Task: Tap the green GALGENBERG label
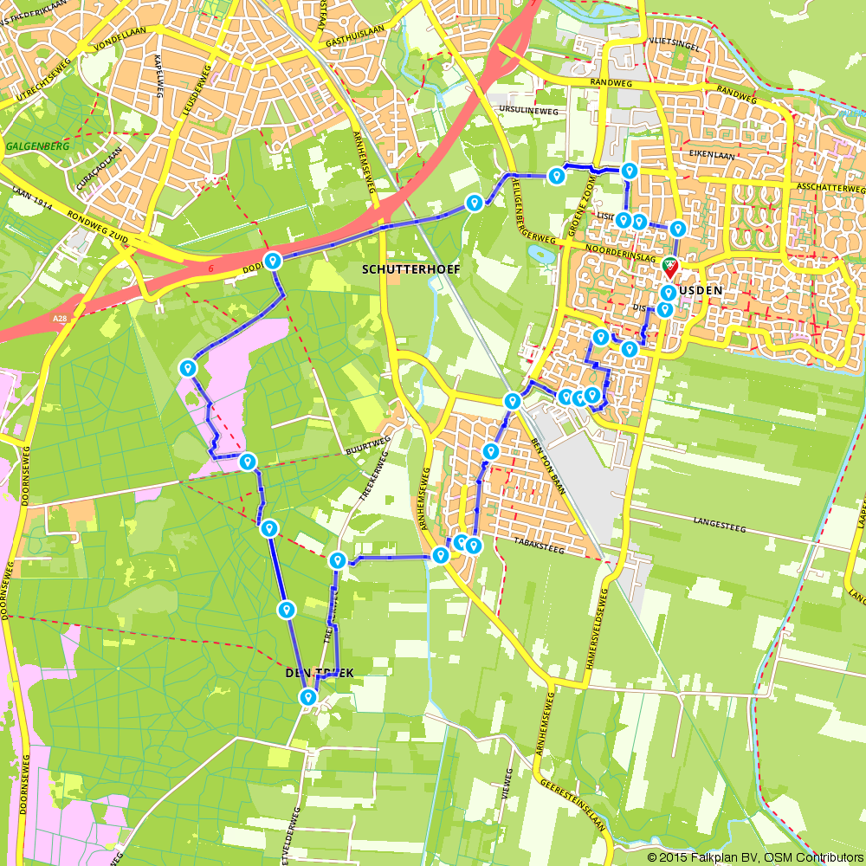click(x=36, y=146)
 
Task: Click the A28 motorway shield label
click(x=60, y=320)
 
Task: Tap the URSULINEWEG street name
click(x=525, y=111)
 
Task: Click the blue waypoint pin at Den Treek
click(x=307, y=697)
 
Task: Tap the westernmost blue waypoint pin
click(x=187, y=369)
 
